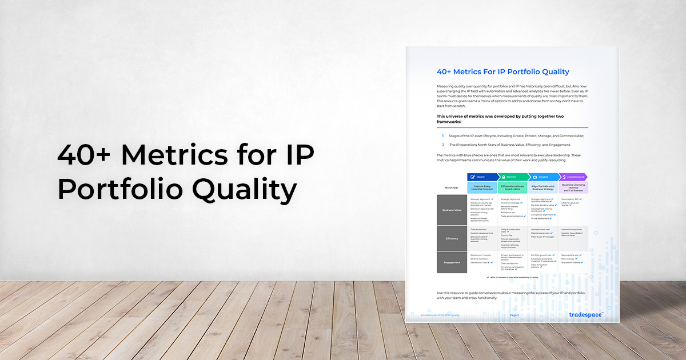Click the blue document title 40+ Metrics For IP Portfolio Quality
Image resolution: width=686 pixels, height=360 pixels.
pyautogui.click(x=503, y=72)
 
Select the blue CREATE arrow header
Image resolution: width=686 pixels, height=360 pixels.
pyautogui.click(x=482, y=177)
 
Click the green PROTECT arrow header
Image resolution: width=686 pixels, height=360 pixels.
pyautogui.click(x=512, y=177)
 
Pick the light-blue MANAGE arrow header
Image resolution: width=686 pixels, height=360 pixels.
pyautogui.click(x=543, y=177)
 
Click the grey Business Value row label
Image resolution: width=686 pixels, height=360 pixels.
pyautogui.click(x=452, y=210)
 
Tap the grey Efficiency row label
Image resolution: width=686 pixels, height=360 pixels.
pyautogui.click(x=452, y=238)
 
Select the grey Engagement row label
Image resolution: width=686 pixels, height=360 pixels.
pyautogui.click(x=452, y=262)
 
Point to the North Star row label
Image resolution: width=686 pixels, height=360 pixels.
pyautogui.click(x=452, y=187)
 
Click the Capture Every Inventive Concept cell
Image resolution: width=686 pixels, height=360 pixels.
pyautogui.click(x=482, y=187)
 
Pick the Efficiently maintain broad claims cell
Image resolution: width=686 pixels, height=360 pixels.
pyautogui.click(x=512, y=187)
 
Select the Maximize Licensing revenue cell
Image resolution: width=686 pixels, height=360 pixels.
pyautogui.click(x=573, y=187)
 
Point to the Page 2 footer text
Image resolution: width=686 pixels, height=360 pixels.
pyautogui.click(x=514, y=315)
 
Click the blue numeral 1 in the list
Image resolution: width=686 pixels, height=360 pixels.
pyautogui.click(x=442, y=135)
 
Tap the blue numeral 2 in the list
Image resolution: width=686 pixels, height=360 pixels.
pyautogui.click(x=442, y=145)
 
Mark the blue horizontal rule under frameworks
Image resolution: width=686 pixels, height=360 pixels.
pyautogui.click(x=512, y=127)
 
